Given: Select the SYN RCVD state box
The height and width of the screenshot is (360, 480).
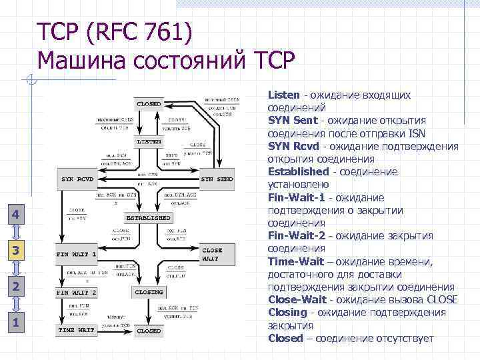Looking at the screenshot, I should tap(77, 179).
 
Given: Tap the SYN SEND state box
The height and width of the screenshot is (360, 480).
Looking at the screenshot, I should tap(217, 179).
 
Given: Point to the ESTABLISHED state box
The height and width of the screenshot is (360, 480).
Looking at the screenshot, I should tap(148, 218).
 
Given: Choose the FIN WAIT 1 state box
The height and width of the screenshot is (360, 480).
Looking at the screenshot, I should tap(77, 254).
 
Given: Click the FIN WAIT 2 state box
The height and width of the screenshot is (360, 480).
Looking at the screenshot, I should tap(77, 292).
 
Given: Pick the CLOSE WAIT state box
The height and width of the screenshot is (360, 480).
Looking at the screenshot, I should tap(217, 254).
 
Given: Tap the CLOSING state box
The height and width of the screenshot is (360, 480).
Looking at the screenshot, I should tap(148, 292).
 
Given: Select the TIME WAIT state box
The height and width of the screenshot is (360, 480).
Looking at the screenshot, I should tap(77, 330).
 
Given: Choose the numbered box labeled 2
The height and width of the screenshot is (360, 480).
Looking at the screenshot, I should tap(17, 287).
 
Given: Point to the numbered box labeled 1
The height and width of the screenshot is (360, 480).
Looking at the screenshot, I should tap(17, 324).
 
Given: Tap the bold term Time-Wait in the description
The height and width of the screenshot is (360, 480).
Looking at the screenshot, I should tap(297, 261).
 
